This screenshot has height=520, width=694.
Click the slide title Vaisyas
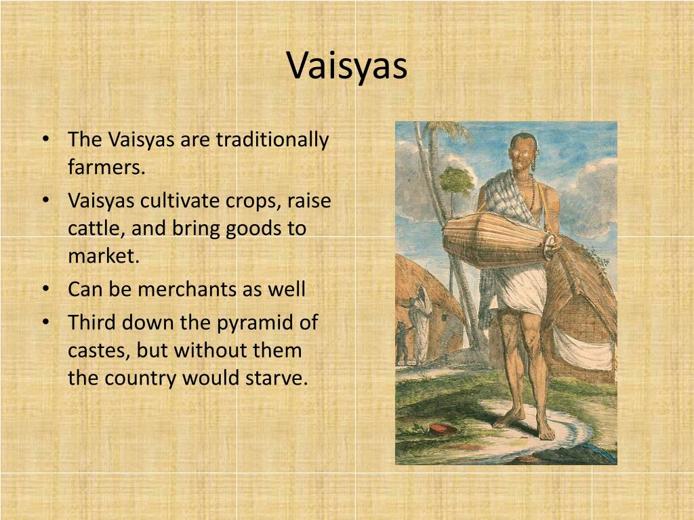click(x=347, y=66)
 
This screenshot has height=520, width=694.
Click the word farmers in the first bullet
click(x=106, y=167)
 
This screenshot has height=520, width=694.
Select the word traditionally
click(x=272, y=140)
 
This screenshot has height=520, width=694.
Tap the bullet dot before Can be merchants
click(x=45, y=290)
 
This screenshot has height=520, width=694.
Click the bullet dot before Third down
click(x=45, y=322)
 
